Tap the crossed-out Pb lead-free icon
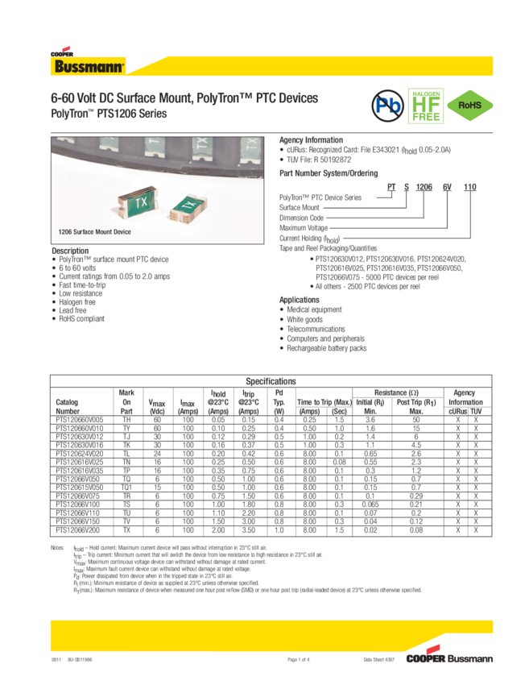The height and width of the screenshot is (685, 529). [x=389, y=106]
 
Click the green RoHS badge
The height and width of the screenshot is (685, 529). [x=470, y=106]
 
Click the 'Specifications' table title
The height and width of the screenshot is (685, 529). [x=271, y=380]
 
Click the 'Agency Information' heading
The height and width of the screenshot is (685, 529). [x=311, y=140]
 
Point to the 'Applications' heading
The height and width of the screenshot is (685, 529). [x=300, y=298]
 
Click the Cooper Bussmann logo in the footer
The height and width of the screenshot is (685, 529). [x=450, y=658]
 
